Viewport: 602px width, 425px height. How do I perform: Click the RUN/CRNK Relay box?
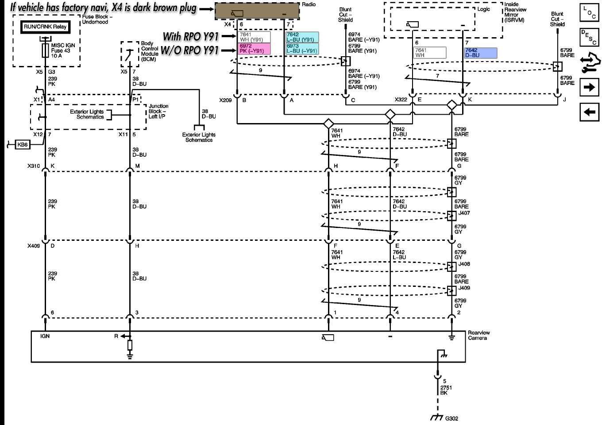tap(45, 27)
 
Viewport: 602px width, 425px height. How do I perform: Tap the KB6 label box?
tap(22, 145)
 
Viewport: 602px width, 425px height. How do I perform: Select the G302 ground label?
tap(451, 418)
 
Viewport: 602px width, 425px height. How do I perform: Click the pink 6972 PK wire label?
tap(254, 49)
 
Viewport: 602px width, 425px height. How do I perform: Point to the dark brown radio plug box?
tap(257, 12)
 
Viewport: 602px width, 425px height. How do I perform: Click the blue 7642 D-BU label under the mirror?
tap(480, 53)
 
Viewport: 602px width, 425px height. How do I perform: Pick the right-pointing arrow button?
tap(589, 87)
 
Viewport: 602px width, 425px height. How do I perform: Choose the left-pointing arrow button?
tap(589, 112)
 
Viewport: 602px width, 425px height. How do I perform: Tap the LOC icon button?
tap(589, 13)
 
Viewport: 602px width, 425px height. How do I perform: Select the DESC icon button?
tap(589, 37)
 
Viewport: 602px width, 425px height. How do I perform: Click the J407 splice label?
tap(464, 213)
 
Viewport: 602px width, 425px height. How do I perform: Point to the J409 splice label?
tap(464, 288)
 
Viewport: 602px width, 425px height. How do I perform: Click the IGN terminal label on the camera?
tap(45, 336)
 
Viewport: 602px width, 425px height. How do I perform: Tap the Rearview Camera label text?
tap(479, 335)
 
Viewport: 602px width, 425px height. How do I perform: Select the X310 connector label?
tap(34, 166)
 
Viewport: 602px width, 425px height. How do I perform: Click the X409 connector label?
tap(34, 246)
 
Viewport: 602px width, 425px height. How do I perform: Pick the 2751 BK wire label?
tap(446, 390)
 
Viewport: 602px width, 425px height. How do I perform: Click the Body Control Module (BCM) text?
tap(150, 51)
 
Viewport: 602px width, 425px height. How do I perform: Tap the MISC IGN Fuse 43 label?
tap(63, 50)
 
